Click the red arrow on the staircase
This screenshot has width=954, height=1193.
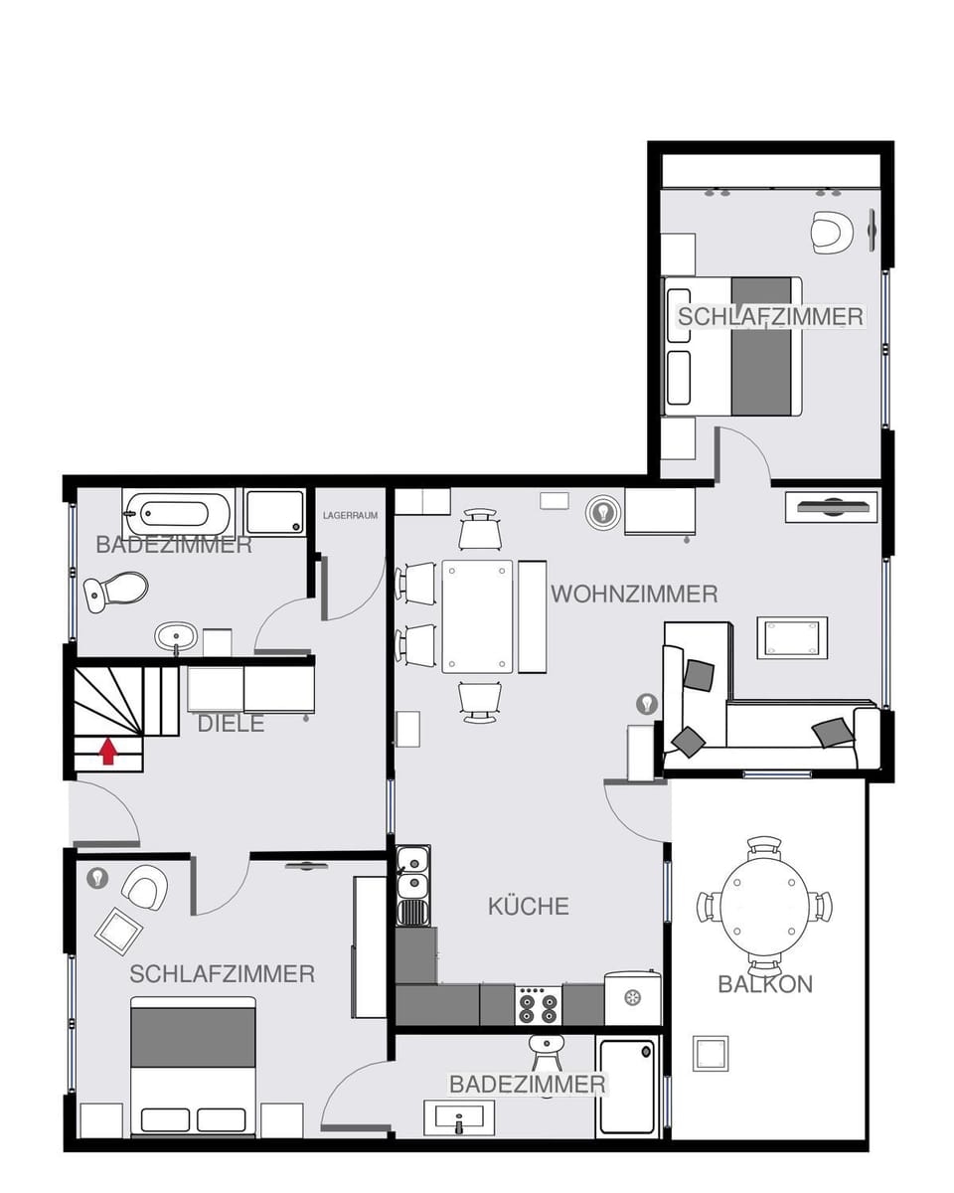[108, 751]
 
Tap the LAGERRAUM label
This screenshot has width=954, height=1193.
[350, 516]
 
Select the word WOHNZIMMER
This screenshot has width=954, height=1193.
[634, 595]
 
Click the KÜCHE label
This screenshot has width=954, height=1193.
[529, 906]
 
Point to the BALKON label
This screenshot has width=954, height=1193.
[765, 984]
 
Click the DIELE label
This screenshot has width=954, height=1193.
[231, 724]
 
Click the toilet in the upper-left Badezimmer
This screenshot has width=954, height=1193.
[117, 591]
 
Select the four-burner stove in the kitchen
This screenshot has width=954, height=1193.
[538, 1006]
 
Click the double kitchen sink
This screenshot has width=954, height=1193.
[412, 872]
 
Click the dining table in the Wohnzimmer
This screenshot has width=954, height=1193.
[477, 616]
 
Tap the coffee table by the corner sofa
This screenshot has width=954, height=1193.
[792, 637]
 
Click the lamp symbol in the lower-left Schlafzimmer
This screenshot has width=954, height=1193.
[97, 878]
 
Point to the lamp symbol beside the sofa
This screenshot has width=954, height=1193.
[647, 704]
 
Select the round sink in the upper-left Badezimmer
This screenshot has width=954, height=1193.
[176, 634]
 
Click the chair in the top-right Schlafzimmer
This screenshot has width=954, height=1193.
[831, 232]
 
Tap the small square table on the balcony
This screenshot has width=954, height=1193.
[711, 1054]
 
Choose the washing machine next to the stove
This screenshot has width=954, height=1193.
[632, 998]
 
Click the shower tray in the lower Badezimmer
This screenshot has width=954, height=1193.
[627, 1087]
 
